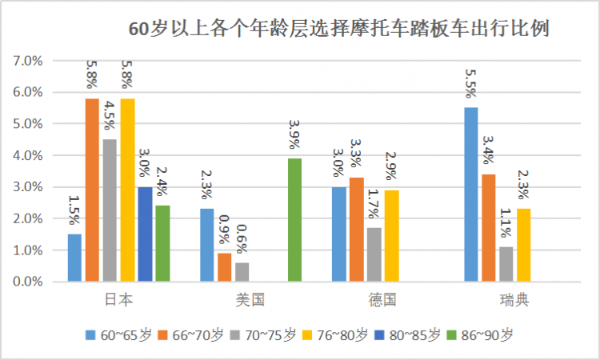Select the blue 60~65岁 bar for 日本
74,258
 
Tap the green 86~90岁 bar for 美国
295,220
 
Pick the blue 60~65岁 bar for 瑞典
471,194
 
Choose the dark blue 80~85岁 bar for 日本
145,234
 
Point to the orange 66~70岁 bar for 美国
225,267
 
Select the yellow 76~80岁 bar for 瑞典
524,245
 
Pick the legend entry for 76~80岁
337,335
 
